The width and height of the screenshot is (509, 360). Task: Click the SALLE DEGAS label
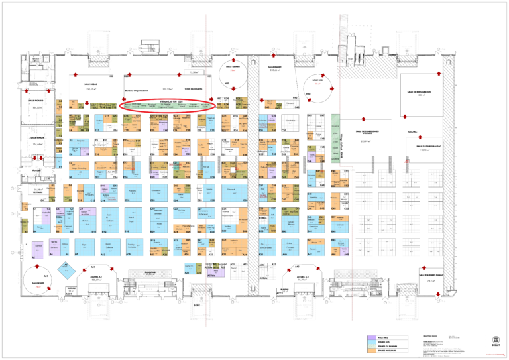[x=91, y=86]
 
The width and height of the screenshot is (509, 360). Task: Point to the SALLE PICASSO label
[x=36, y=102]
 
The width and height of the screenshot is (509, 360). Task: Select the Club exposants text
[x=193, y=88]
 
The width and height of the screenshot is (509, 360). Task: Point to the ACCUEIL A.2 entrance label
[x=304, y=279]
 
